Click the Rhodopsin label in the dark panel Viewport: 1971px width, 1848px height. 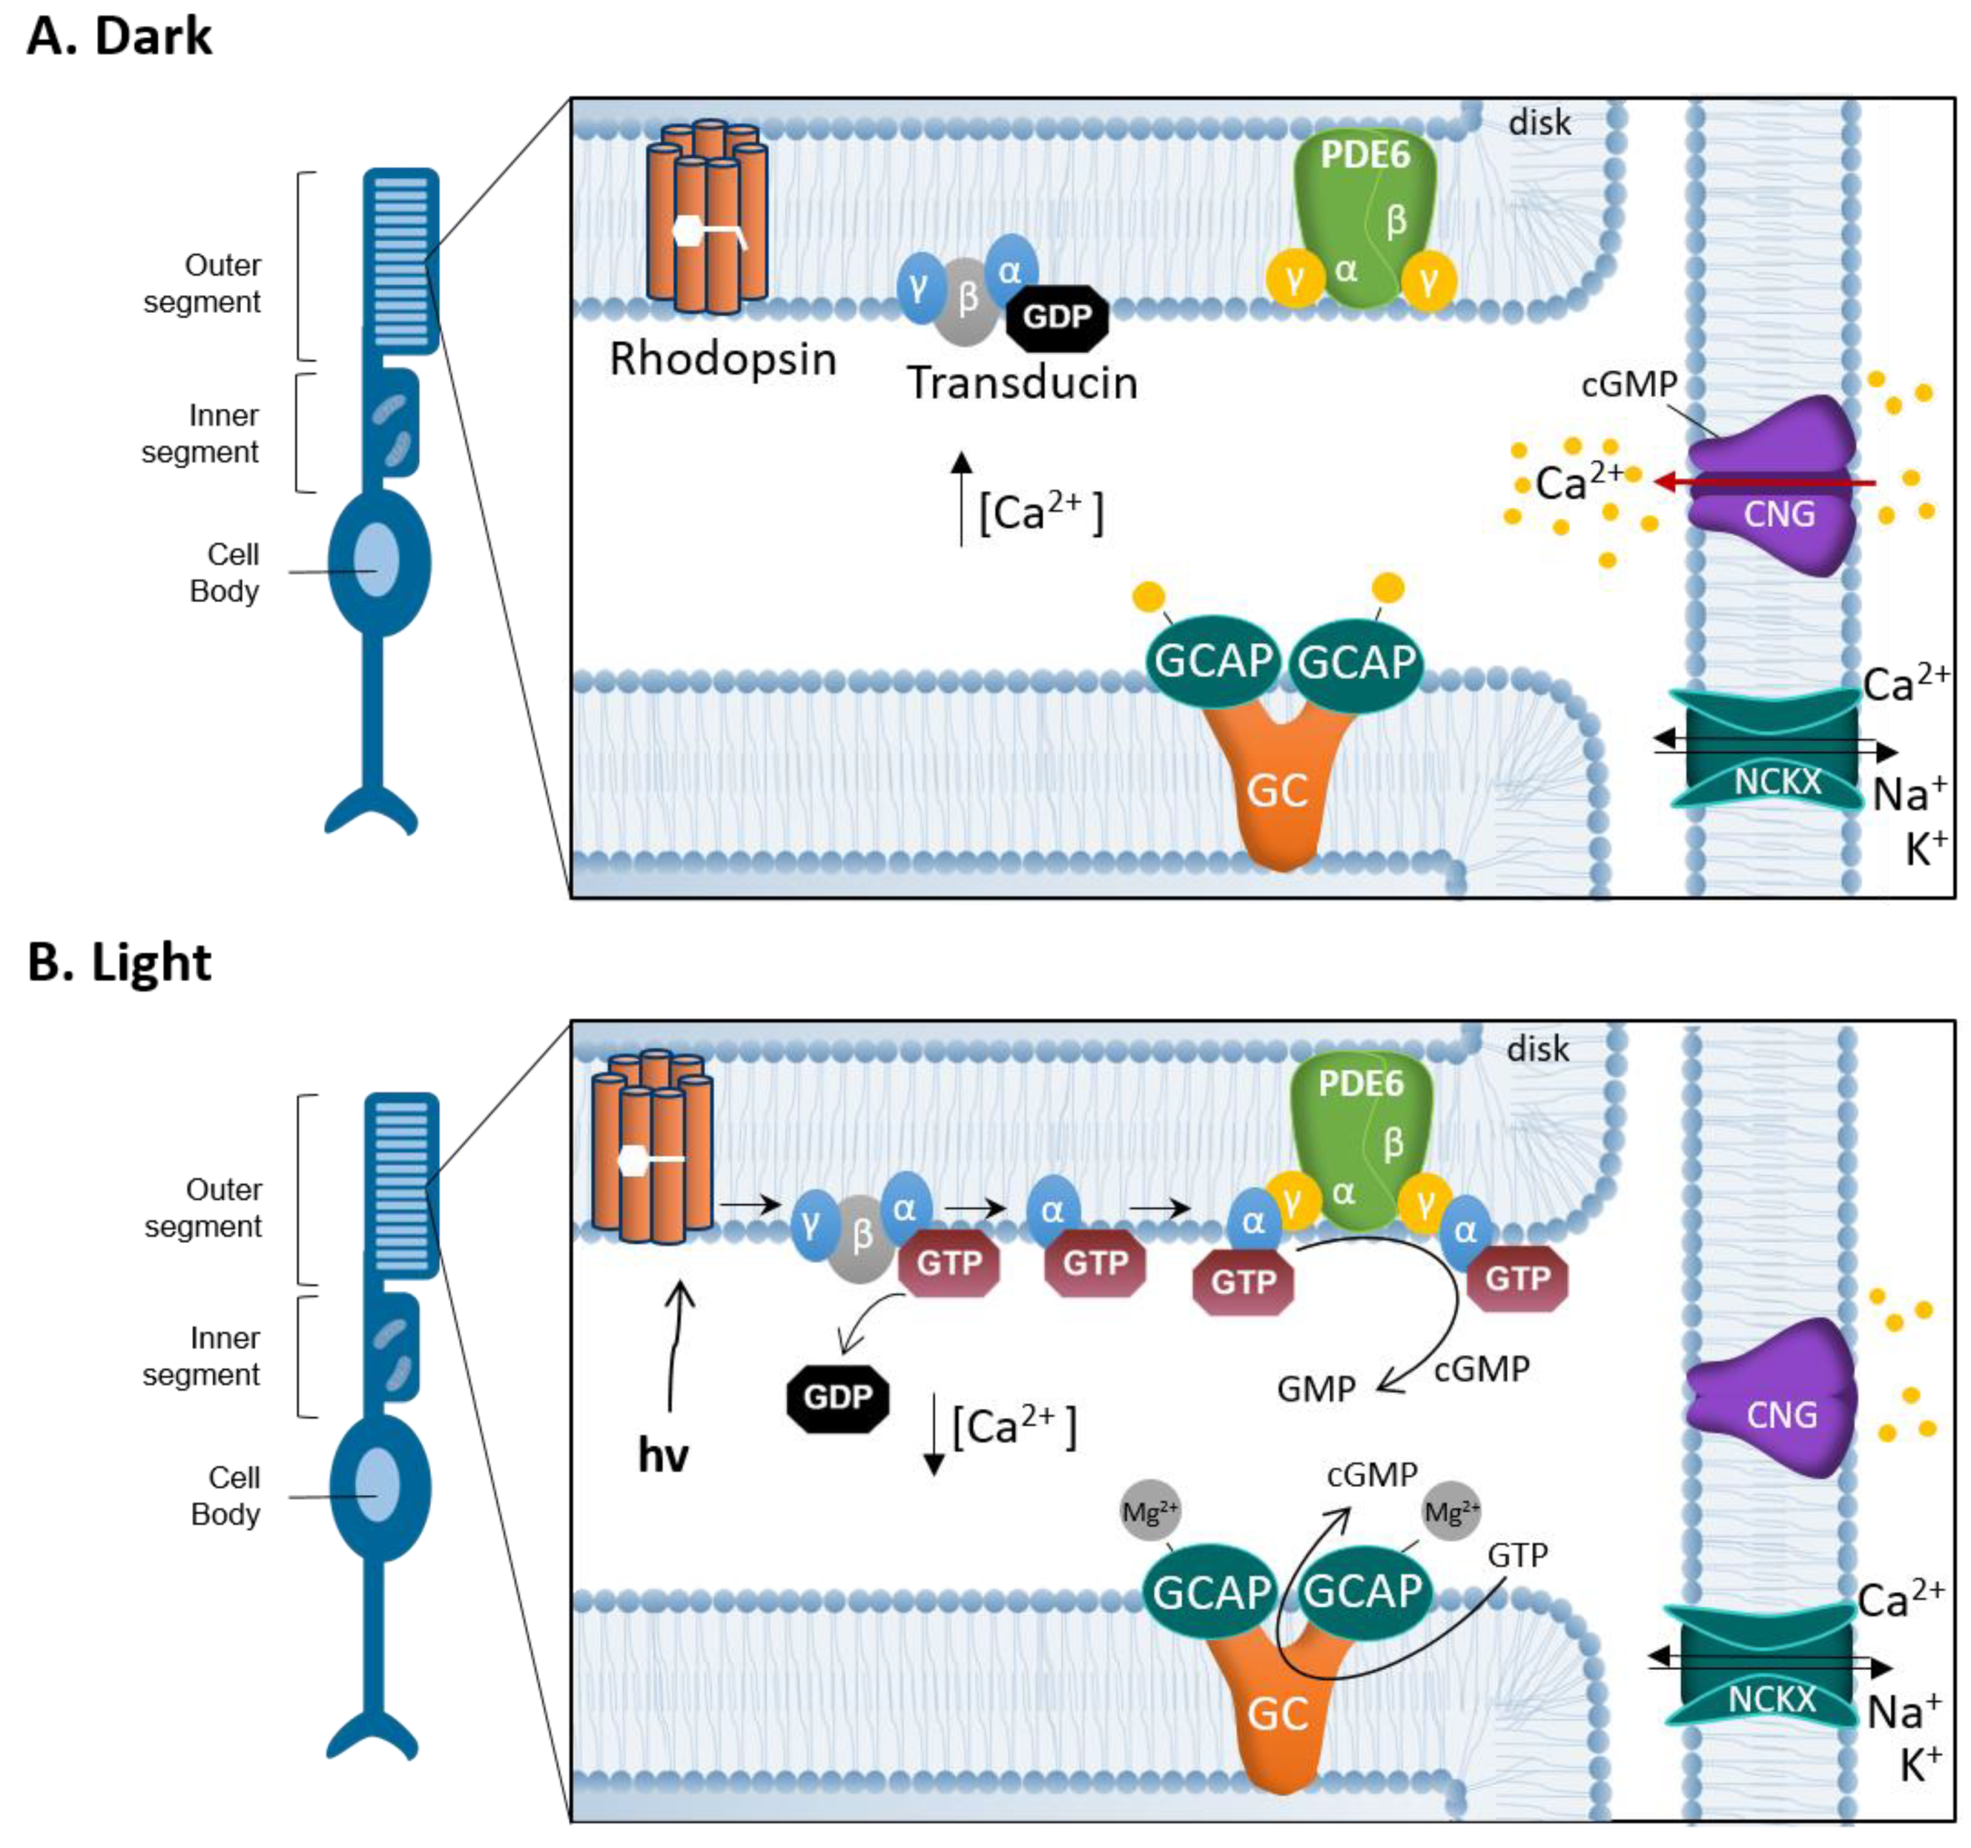pyautogui.click(x=723, y=359)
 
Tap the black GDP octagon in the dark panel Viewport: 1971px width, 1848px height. pyautogui.click(x=1057, y=317)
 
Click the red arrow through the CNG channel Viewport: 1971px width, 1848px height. pyautogui.click(x=1765, y=483)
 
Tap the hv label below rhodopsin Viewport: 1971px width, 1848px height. pyautogui.click(x=662, y=1455)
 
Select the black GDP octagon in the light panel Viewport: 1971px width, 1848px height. pyautogui.click(x=838, y=1397)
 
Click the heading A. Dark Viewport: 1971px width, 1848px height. pyautogui.click(x=119, y=37)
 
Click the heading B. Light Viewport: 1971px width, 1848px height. pyautogui.click(x=119, y=962)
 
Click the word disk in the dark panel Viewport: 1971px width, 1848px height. pyautogui.click(x=1540, y=123)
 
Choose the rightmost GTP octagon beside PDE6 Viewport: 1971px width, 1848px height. pyautogui.click(x=1517, y=1279)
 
